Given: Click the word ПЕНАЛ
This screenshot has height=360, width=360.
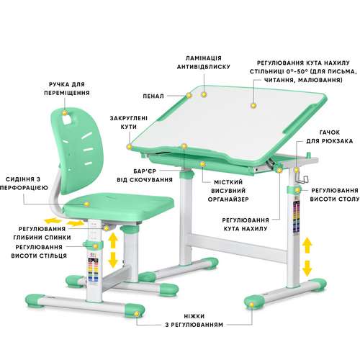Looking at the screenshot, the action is coord(153,96).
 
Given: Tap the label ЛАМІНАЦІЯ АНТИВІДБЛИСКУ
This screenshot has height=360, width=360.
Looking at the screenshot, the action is coord(204,63).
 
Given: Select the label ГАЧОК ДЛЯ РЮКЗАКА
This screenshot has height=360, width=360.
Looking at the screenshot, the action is coord(330,137).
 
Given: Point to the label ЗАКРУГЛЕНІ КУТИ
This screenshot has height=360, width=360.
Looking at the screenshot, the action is coord(129,122).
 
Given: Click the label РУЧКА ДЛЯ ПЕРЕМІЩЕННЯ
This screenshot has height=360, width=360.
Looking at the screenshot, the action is coord(67,89).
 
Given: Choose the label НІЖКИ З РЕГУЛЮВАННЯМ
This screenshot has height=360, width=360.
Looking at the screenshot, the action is coord(194,320).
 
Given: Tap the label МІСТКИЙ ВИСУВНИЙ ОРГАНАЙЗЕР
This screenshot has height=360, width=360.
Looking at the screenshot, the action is coord(228,191).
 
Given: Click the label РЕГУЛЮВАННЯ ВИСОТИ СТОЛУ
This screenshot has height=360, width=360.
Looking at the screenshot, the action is coord(335,194).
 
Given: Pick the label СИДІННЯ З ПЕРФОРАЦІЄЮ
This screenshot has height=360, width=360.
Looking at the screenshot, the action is coord(24,184).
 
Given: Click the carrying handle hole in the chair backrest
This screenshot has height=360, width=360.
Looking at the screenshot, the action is coord(67,119).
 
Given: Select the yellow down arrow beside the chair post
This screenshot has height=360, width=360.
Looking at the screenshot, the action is coord(113,260).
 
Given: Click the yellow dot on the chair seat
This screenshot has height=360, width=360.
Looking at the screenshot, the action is coord(87,204).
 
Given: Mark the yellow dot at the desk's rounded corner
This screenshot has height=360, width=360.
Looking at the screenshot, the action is coord(130,146).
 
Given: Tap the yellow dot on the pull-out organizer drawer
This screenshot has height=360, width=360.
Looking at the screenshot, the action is coord(203,164).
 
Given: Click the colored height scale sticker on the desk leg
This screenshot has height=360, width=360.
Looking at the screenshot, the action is coord(297,217).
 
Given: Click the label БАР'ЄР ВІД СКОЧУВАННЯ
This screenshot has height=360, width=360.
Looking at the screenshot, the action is coord(145,176).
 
